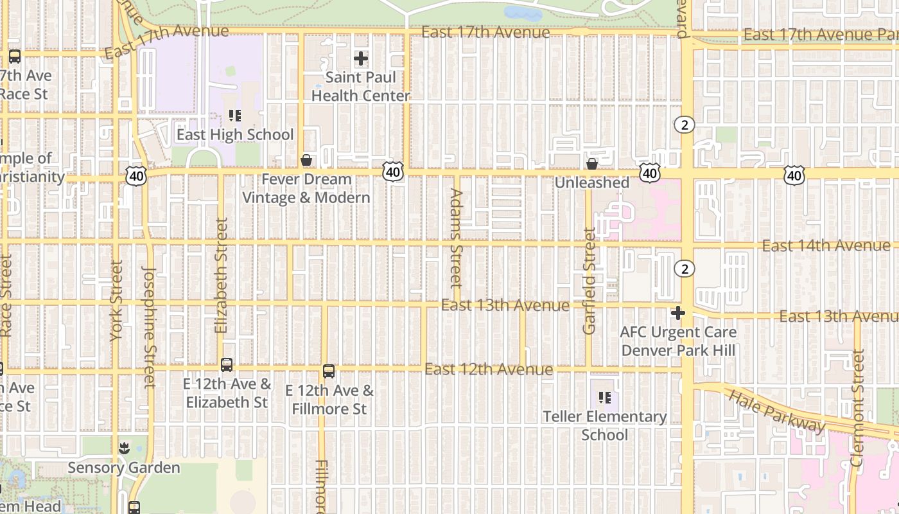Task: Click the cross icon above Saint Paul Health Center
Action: (x=361, y=58)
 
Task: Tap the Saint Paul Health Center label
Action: (x=360, y=87)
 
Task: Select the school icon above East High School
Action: (x=235, y=116)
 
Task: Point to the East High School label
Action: (x=235, y=134)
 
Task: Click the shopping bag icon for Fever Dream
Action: (x=306, y=159)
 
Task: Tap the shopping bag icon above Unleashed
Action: (x=592, y=164)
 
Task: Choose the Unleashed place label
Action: (x=591, y=182)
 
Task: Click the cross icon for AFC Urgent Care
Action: (x=678, y=313)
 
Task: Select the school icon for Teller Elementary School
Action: (x=604, y=398)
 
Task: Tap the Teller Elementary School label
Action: (x=604, y=425)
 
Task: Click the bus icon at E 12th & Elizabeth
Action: (x=227, y=365)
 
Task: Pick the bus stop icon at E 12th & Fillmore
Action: (x=329, y=371)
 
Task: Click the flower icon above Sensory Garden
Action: (x=124, y=448)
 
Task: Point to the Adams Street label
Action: (x=456, y=238)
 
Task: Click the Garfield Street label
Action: (x=589, y=281)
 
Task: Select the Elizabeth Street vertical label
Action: (x=222, y=275)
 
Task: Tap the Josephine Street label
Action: (x=150, y=328)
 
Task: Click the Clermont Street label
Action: (x=858, y=407)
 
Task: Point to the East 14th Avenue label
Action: (x=826, y=245)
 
